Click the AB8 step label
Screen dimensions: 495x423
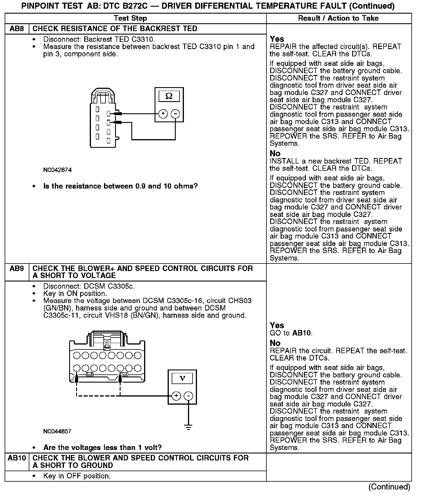pyautogui.click(x=17, y=29)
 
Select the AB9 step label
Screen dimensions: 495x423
pyautogui.click(x=17, y=269)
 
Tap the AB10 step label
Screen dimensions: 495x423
pyautogui.click(x=17, y=458)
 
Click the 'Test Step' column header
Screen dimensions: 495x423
pyautogui.click(x=130, y=18)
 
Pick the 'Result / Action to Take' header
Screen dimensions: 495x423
pyautogui.click(x=338, y=18)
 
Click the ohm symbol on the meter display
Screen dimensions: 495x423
pyautogui.click(x=169, y=96)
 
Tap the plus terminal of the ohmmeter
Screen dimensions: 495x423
pyautogui.click(x=163, y=114)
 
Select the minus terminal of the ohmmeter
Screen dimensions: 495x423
pyautogui.click(x=175, y=114)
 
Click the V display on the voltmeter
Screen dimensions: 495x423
pyautogui.click(x=182, y=378)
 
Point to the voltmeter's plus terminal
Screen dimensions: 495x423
pyautogui.click(x=176, y=396)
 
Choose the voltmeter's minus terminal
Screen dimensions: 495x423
pyautogui.click(x=189, y=396)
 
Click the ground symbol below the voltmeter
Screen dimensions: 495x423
pyautogui.click(x=189, y=427)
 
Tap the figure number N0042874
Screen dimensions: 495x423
pyautogui.click(x=57, y=170)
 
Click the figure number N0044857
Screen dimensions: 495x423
pyautogui.click(x=57, y=431)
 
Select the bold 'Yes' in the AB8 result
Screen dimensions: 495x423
pyautogui.click(x=277, y=39)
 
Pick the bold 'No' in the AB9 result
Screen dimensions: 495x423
pyautogui.click(x=275, y=343)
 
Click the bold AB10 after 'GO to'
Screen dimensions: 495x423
pyautogui.click(x=302, y=333)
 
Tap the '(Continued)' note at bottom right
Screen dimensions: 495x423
pyautogui.click(x=389, y=487)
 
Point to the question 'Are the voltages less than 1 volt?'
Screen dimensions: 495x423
pyautogui.click(x=102, y=447)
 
